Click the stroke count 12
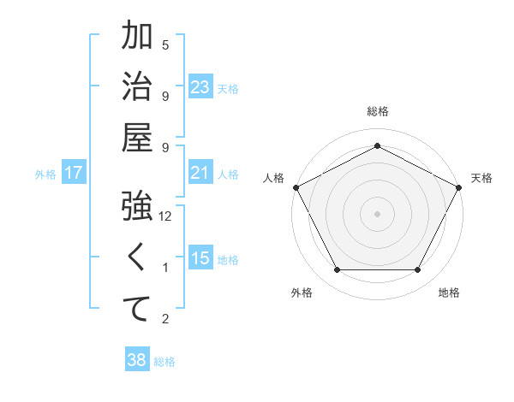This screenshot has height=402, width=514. click(x=165, y=217)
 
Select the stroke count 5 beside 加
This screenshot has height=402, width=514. click(x=165, y=44)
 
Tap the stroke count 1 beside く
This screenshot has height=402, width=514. click(x=165, y=269)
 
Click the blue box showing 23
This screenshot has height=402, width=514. click(x=200, y=86)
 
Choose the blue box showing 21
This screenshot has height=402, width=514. click(x=200, y=173)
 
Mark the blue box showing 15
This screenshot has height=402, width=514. click(x=200, y=259)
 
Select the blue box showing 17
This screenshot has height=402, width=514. click(x=74, y=174)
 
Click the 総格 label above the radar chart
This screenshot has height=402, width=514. click(x=378, y=111)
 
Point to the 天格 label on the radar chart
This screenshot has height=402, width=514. click(x=481, y=178)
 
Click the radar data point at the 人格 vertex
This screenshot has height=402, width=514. click(x=296, y=186)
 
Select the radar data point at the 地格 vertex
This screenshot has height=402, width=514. click(x=417, y=270)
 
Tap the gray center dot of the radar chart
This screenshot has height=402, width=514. click(x=377, y=213)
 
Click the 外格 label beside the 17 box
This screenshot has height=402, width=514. click(x=45, y=174)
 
